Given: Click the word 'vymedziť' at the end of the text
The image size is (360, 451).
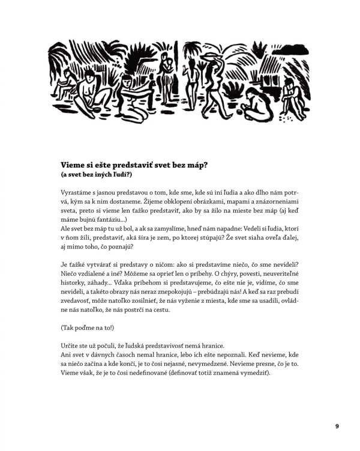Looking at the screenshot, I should pyautogui.click(x=253, y=374).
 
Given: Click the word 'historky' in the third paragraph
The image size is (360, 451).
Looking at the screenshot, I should pyautogui.click(x=76, y=279).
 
